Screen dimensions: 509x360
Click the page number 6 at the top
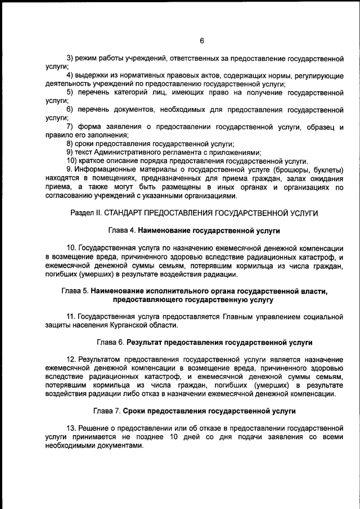[x=201, y=40]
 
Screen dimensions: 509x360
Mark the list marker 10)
[x=73, y=161]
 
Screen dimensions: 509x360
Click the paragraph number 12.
[x=71, y=359]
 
